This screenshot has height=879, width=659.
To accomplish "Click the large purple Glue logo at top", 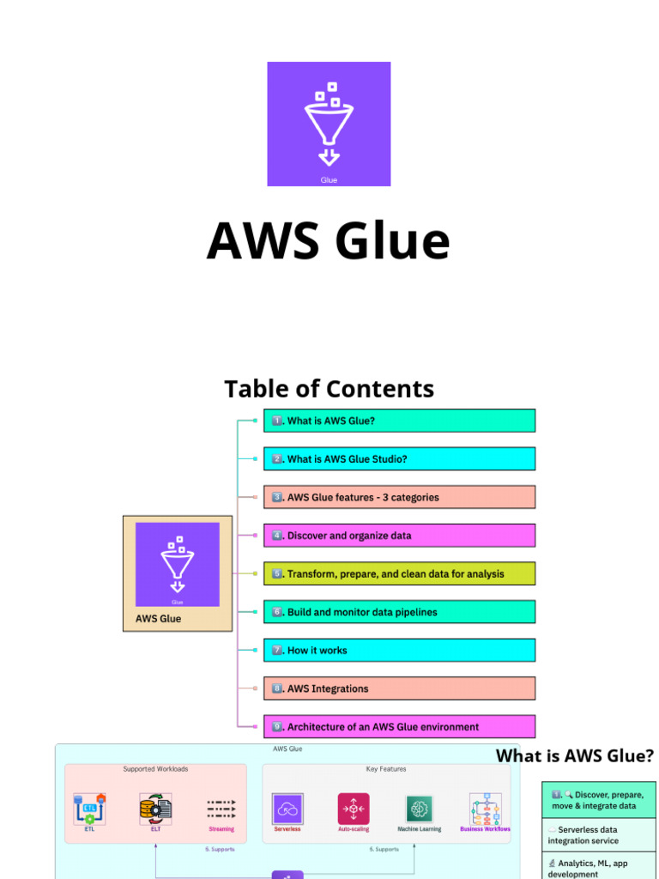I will coord(329,124).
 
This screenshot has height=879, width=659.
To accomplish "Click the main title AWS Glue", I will coord(329,240).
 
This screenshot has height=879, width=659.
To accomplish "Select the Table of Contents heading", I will coord(329,389).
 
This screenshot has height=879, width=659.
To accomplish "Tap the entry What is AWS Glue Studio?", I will coord(399,459).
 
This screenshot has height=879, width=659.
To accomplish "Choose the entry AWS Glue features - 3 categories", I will coord(399,497).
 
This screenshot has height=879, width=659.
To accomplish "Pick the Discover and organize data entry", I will coord(399,536).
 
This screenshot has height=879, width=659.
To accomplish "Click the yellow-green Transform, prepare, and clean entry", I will coord(399,573).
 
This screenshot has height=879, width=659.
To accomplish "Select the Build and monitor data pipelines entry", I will coord(399,612).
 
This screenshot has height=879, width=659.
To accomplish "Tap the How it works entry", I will coord(399,650).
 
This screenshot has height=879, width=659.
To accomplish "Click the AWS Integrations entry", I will coord(399,688).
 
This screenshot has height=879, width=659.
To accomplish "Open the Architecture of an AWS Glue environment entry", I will coord(399,726).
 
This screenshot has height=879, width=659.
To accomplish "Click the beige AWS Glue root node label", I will coord(159,618).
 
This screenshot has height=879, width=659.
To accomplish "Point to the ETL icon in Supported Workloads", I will coord(89,809).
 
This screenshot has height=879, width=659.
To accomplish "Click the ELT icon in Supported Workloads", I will coord(155,809).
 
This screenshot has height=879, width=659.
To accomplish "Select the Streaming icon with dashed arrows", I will coord(221,809).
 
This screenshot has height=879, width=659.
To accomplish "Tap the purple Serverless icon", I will coord(287,809).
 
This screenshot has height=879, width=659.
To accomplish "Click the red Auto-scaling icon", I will coord(353,809).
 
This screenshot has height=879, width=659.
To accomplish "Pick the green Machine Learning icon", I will coord(419,809).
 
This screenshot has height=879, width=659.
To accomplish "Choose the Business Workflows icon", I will coord(485,809).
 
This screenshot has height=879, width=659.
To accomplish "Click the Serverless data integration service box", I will coord(598,835).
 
